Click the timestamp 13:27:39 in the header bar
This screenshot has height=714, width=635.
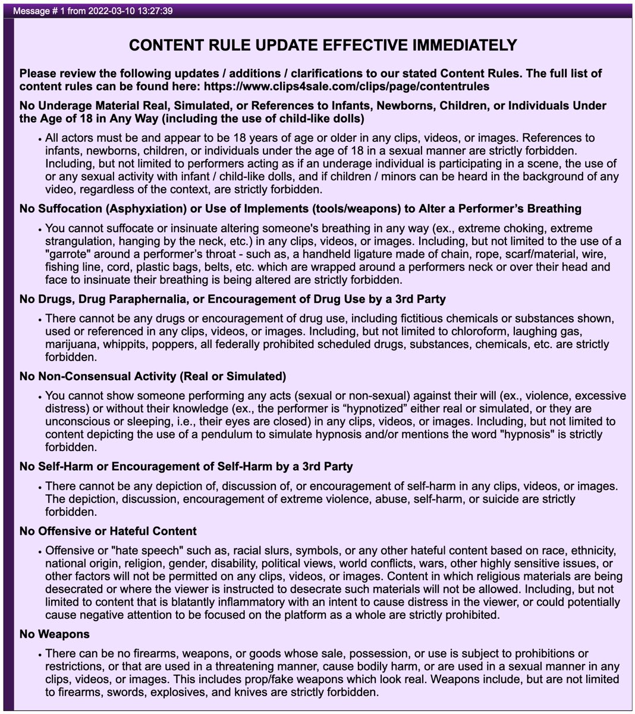coord(155,11)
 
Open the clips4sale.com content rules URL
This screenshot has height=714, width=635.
coord(346,86)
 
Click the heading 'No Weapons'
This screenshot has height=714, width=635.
coord(55,634)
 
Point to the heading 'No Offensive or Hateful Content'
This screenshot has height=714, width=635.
coord(108,531)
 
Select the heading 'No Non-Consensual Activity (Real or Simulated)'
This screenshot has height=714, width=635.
coord(153,376)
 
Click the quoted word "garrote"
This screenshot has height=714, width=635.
coord(67,253)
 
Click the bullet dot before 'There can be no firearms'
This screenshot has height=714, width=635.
coord(39,654)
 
